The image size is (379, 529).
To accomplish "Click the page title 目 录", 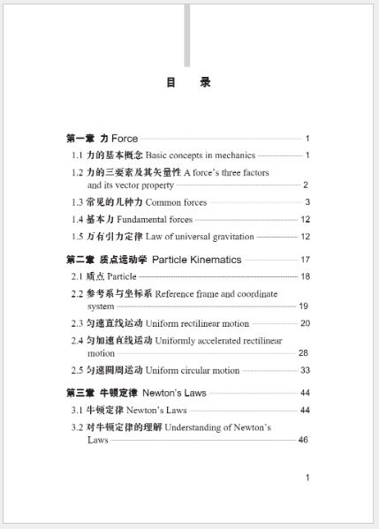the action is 187,83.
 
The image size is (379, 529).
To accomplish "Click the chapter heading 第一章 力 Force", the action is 102,139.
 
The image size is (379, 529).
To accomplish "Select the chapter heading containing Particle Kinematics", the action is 153,260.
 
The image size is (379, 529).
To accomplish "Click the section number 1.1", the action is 78,155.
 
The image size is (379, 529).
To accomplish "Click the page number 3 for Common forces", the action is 306,202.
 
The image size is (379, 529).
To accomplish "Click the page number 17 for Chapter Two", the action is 305,260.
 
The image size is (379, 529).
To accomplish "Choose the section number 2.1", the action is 78,276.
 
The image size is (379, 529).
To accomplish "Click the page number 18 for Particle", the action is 305,276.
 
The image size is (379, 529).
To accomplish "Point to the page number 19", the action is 303,306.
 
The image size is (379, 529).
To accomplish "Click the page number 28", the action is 303,353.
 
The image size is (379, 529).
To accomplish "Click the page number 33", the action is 305,370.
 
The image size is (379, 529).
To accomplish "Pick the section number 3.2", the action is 78,427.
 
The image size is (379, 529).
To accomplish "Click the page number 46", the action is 303,440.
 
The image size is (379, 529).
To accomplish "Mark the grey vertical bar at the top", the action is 186,35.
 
